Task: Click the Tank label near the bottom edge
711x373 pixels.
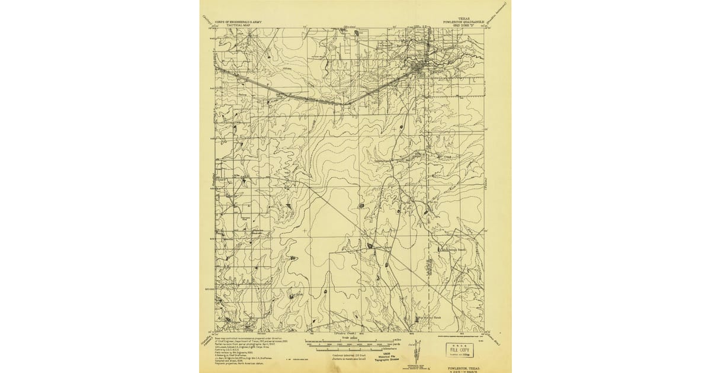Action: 437,317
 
